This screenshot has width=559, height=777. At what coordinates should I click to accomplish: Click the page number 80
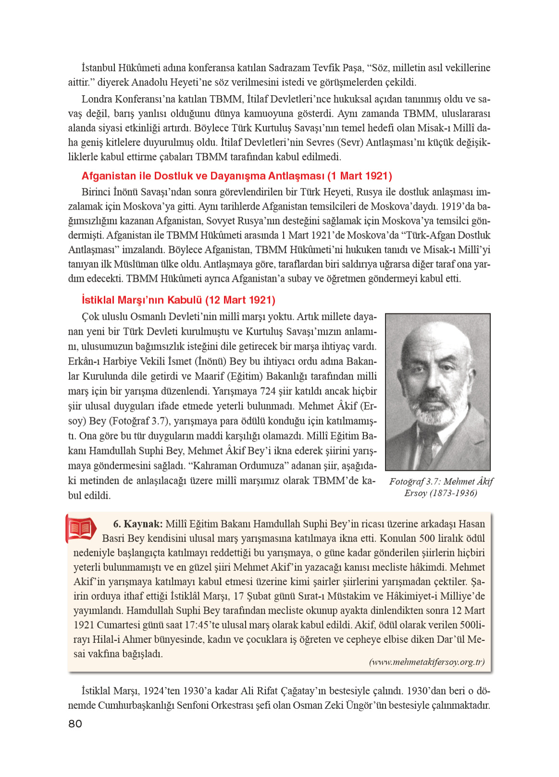click(x=75, y=724)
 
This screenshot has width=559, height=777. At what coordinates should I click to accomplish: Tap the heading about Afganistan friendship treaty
click(x=236, y=176)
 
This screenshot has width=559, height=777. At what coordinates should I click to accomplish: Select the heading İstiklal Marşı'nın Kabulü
click(x=178, y=300)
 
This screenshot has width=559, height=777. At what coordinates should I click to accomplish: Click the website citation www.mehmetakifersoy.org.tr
click(x=426, y=662)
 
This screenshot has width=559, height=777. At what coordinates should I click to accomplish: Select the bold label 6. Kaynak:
click(x=137, y=524)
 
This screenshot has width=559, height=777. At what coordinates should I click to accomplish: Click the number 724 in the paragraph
click(x=268, y=391)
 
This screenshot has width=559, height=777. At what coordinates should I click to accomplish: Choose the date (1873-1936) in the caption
click(x=453, y=493)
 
